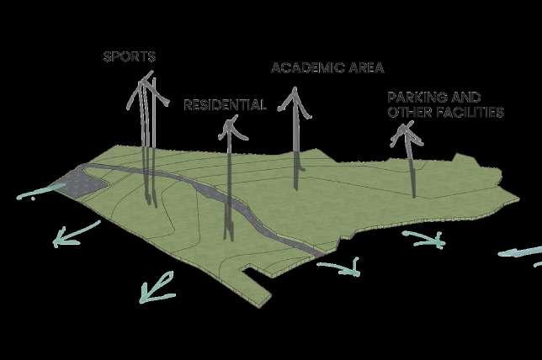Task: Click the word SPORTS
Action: (129, 57)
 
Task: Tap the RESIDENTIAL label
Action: (225, 106)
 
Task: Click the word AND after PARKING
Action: (466, 98)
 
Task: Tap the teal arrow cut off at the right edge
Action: (522, 251)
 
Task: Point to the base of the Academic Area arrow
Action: (295, 185)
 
